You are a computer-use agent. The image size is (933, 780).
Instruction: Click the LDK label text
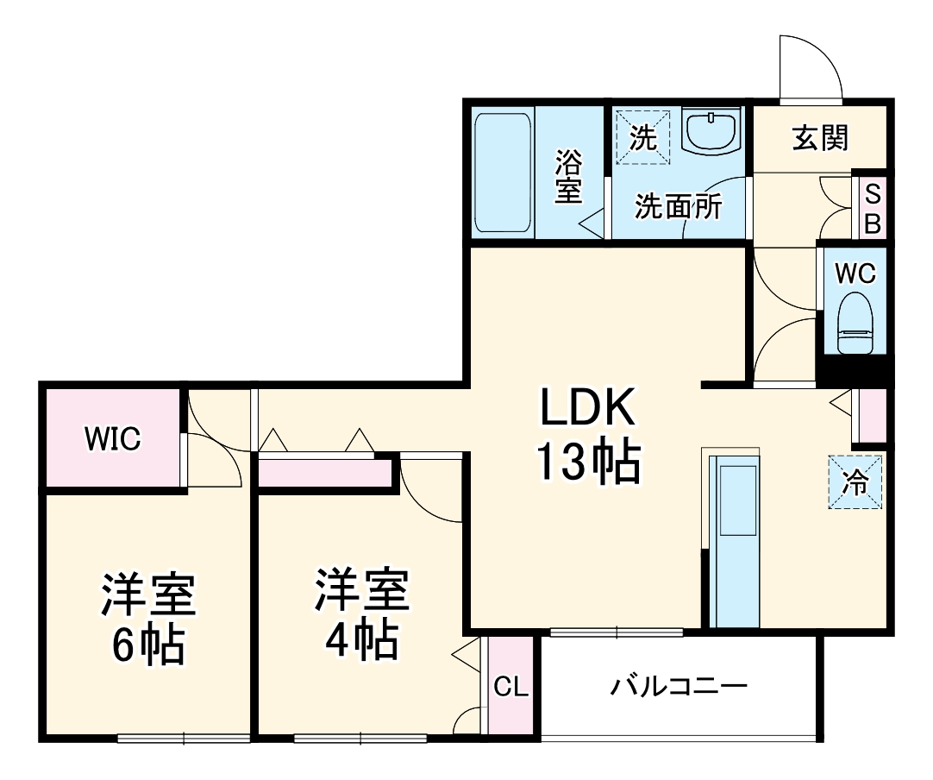tap(587, 407)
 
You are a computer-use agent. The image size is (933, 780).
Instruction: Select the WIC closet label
tap(112, 439)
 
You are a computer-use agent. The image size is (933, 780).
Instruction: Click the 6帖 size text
tap(147, 643)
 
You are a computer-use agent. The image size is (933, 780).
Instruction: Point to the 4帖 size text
tap(360, 638)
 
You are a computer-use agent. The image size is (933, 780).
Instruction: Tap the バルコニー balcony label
tap(679, 687)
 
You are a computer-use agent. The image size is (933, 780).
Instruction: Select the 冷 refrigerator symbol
tap(856, 481)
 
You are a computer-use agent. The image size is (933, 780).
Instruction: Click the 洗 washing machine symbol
tap(642, 135)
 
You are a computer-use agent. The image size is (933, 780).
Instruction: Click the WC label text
tap(855, 274)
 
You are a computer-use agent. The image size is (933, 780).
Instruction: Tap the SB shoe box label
tap(872, 208)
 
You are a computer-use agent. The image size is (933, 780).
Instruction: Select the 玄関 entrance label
tap(820, 137)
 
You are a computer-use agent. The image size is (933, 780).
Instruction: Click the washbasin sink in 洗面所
tap(711, 131)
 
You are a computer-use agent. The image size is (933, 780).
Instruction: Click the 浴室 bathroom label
tap(568, 177)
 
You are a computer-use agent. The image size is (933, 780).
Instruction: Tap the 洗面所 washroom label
tap(678, 207)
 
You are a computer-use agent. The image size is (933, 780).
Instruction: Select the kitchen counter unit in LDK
tap(736, 543)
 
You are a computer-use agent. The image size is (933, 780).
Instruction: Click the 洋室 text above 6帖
tap(147, 594)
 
